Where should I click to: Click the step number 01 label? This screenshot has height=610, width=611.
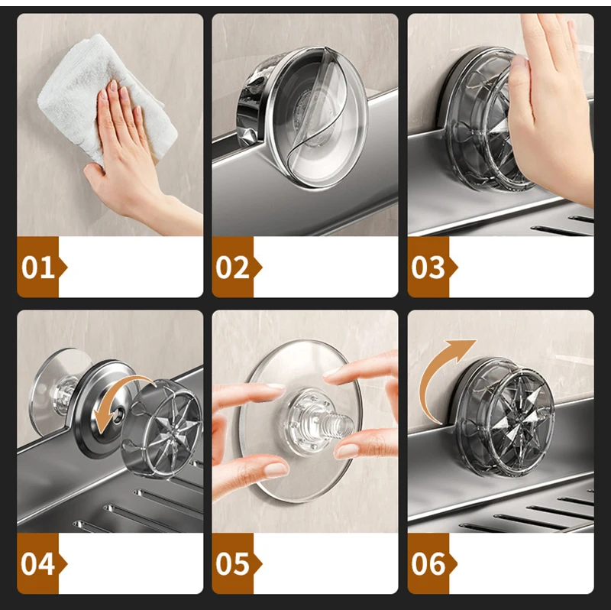point(37,268)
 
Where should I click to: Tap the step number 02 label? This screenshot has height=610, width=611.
point(233,268)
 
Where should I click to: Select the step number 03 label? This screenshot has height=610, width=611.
point(428,268)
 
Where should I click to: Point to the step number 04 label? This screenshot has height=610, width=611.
point(37,564)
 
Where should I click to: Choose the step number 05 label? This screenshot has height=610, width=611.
point(233,564)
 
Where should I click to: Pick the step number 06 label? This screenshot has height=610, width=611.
point(428,564)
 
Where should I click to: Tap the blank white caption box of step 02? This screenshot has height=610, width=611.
point(326,268)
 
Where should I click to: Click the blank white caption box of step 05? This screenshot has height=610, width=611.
point(326,563)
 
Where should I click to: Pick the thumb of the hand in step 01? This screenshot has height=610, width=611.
point(95,174)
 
